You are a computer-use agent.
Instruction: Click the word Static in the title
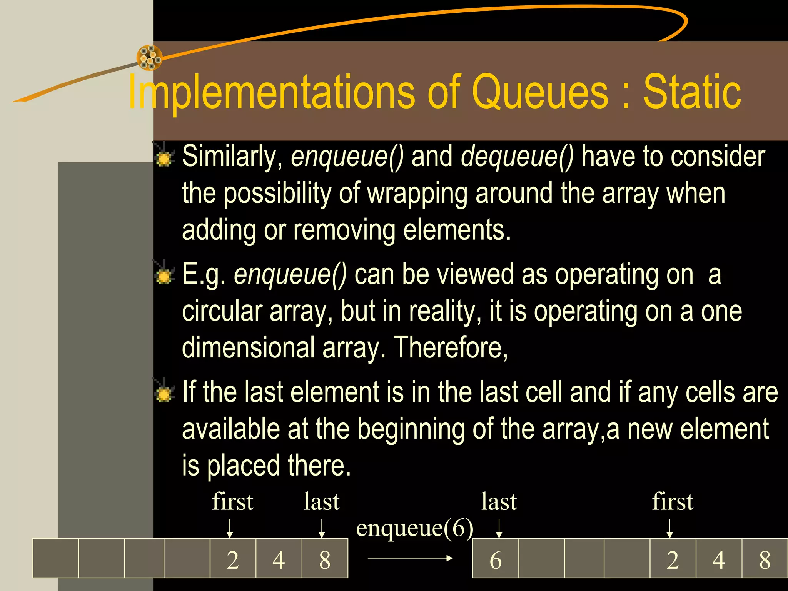pos(692,92)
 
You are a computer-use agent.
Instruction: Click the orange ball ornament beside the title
pos(149,58)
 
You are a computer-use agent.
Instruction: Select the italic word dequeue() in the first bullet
pos(517,157)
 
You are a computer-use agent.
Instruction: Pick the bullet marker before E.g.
pos(164,275)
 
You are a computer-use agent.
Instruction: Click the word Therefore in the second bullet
pos(451,347)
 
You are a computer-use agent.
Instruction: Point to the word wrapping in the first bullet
pos(417,193)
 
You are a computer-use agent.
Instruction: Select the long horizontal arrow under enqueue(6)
pos(410,558)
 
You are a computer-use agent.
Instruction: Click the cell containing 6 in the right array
pos(496,559)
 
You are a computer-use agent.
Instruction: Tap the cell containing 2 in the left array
pos(233,559)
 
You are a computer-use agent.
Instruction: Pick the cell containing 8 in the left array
pos(325,559)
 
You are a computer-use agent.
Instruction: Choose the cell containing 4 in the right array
pos(719,559)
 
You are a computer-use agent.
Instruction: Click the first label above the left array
pos(233,502)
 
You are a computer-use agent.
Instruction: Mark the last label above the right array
pos(499,502)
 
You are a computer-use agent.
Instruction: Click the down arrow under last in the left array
pos(322,528)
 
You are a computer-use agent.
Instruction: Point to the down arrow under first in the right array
pos(669,528)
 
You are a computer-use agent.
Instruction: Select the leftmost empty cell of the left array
pos(56,559)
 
